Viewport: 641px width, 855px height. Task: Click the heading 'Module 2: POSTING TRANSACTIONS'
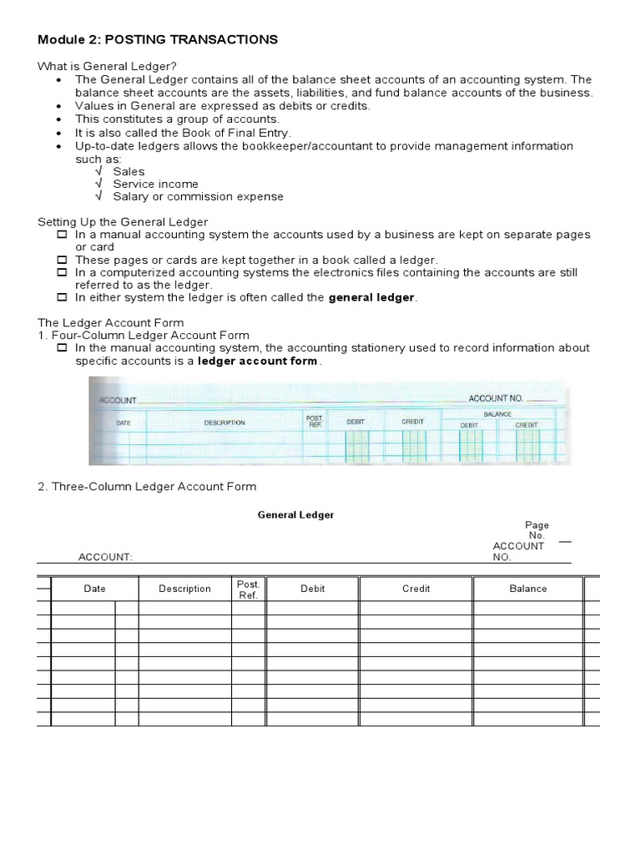click(x=158, y=40)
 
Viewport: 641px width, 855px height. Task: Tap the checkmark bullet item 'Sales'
click(x=129, y=171)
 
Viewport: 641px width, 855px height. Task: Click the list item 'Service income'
click(x=155, y=184)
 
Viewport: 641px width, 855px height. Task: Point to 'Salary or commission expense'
click(x=198, y=196)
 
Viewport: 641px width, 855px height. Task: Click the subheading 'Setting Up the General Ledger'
click(x=123, y=221)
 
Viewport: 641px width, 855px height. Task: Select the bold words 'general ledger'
click(x=371, y=297)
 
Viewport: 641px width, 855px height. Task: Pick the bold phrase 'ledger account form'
click(x=257, y=361)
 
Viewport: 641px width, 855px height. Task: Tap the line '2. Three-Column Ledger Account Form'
click(x=147, y=486)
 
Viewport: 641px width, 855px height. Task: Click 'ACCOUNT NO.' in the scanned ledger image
click(x=495, y=398)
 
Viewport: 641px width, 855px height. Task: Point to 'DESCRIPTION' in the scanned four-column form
click(x=225, y=422)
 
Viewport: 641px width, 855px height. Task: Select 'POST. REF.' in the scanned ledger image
click(x=315, y=421)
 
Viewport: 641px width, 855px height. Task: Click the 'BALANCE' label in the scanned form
click(x=497, y=413)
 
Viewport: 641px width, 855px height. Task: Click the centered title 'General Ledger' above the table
click(x=295, y=515)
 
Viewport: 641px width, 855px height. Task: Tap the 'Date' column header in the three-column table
click(x=95, y=589)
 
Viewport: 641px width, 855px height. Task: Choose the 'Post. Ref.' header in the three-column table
click(x=248, y=589)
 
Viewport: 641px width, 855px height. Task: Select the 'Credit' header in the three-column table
click(x=416, y=589)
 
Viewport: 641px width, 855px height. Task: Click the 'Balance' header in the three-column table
click(x=528, y=589)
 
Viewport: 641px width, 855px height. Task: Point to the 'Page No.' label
click(x=537, y=530)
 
